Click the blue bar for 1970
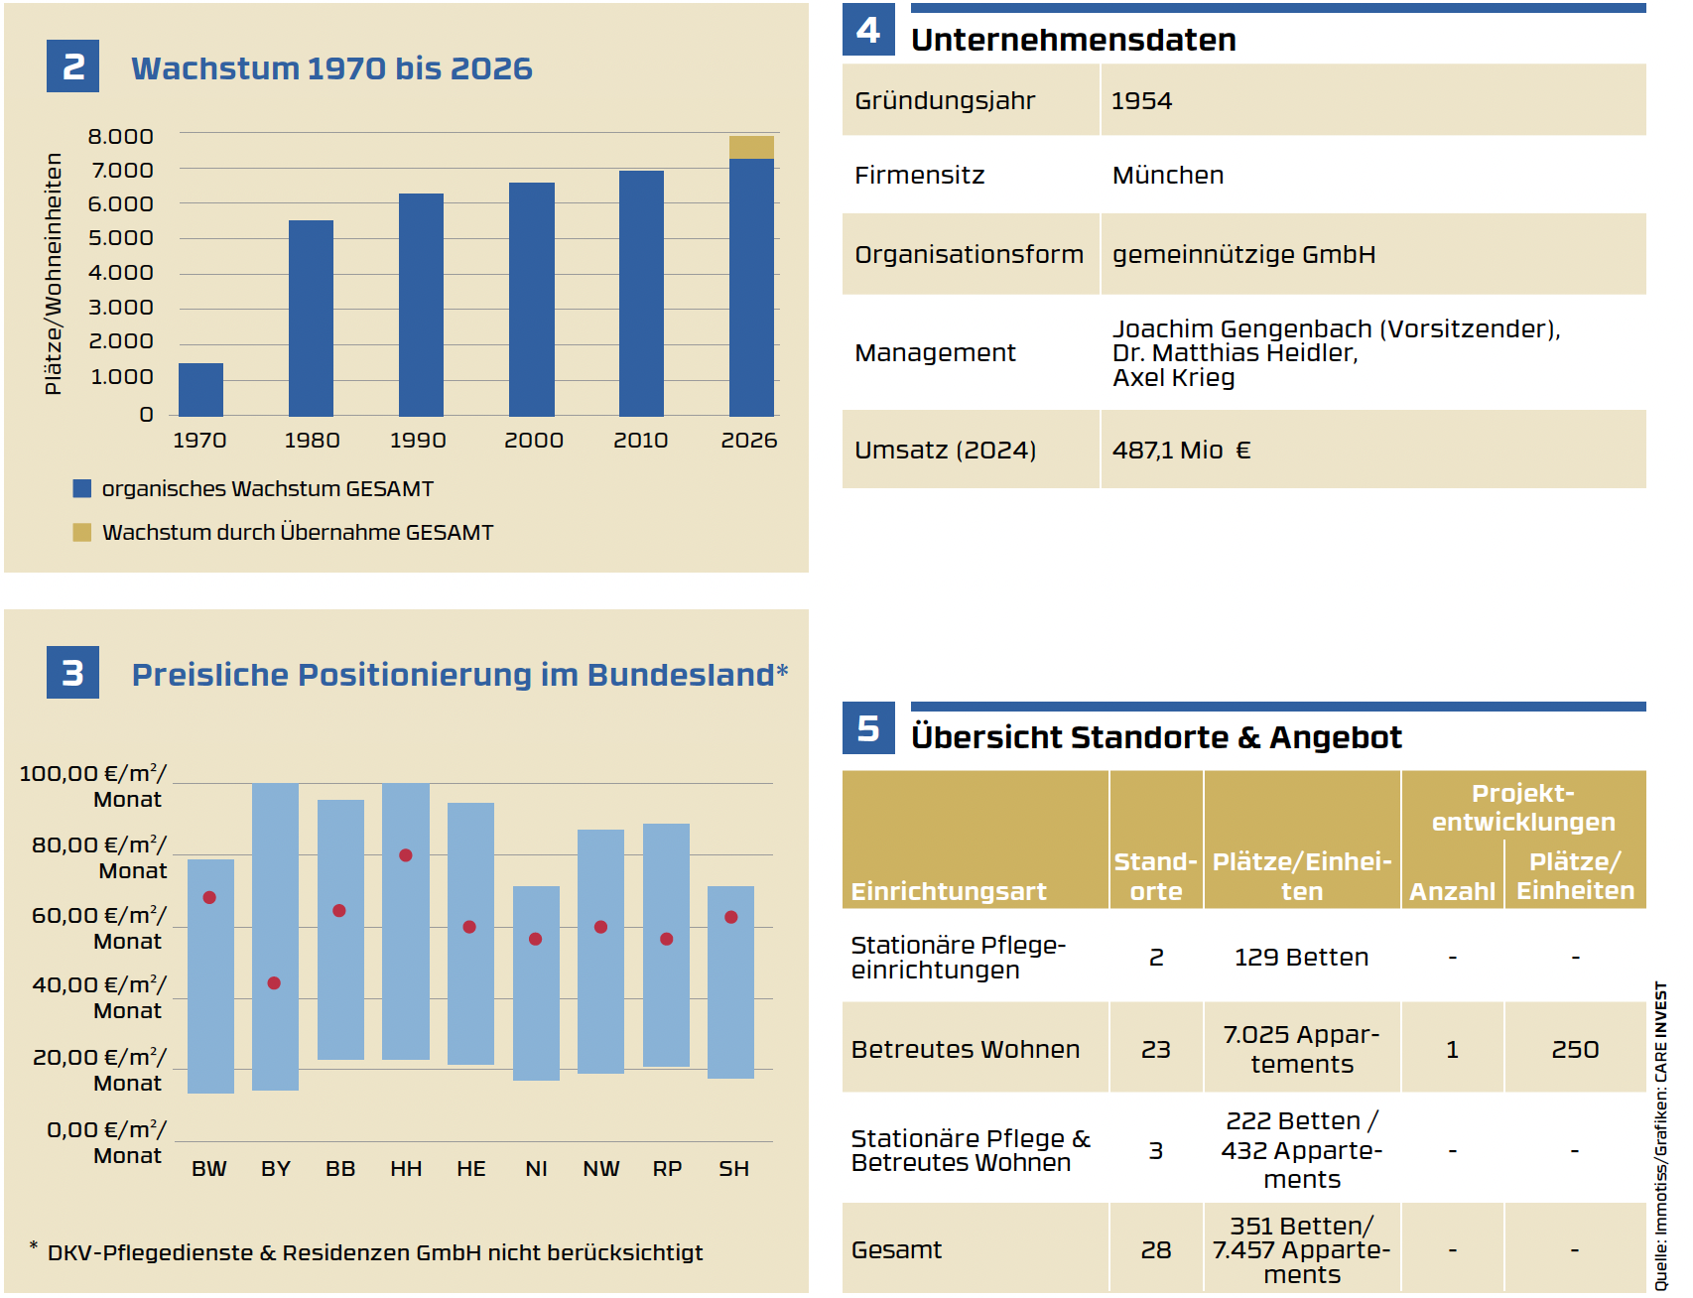pyautogui.click(x=200, y=389)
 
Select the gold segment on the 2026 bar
pyautogui.click(x=751, y=147)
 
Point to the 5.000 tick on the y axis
pyautogui.click(x=121, y=238)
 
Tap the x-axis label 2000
pyautogui.click(x=533, y=441)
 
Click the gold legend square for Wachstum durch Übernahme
pyautogui.click(x=82, y=533)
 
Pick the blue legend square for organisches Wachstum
pyautogui.click(x=82, y=488)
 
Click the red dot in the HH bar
pyautogui.click(x=406, y=855)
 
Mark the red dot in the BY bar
pyautogui.click(x=274, y=983)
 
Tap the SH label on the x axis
pyautogui.click(x=733, y=1169)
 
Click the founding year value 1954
pyautogui.click(x=1141, y=101)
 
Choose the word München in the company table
pyautogui.click(x=1168, y=176)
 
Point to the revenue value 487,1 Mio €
pyautogui.click(x=1181, y=451)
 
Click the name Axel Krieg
pyautogui.click(x=1174, y=378)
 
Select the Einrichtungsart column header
pyautogui.click(x=949, y=891)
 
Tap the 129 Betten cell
pyautogui.click(x=1301, y=958)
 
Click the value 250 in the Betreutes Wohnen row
pyautogui.click(x=1575, y=1050)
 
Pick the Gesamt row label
pyautogui.click(x=896, y=1250)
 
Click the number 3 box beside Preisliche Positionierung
pyautogui.click(x=72, y=673)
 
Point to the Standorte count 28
pyautogui.click(x=1156, y=1250)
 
